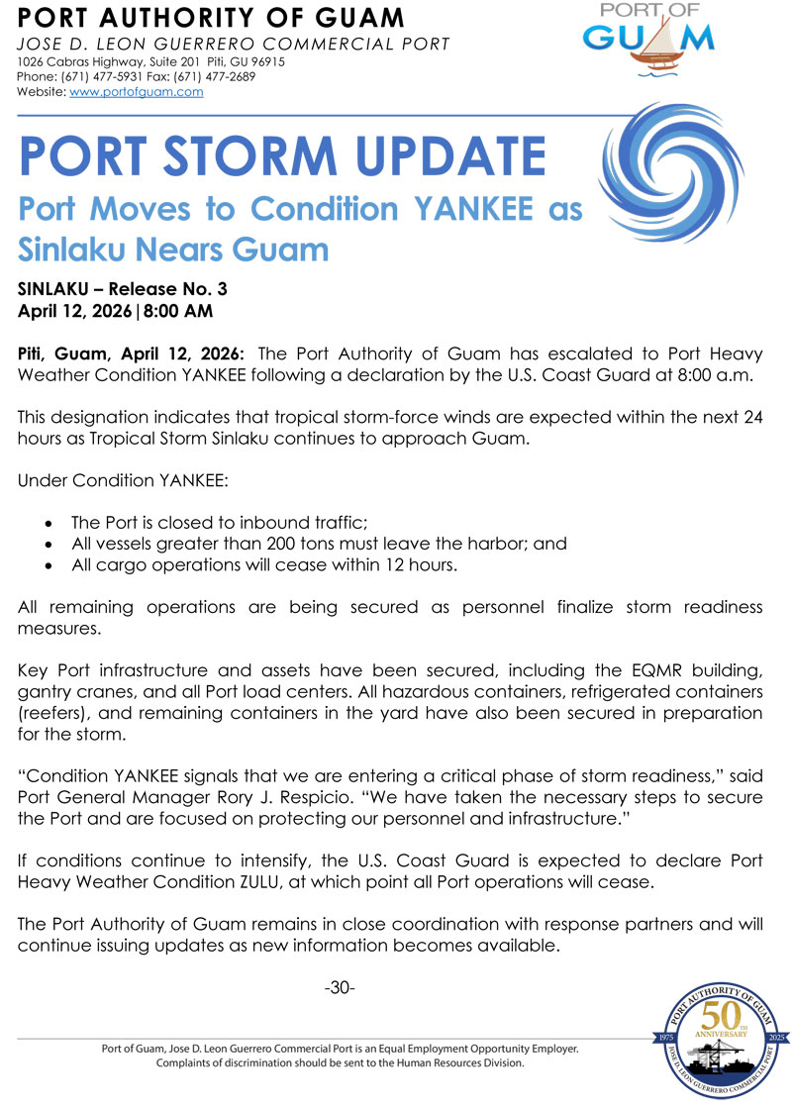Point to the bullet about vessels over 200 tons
(x=319, y=544)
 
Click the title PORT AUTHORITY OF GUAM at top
(x=212, y=18)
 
